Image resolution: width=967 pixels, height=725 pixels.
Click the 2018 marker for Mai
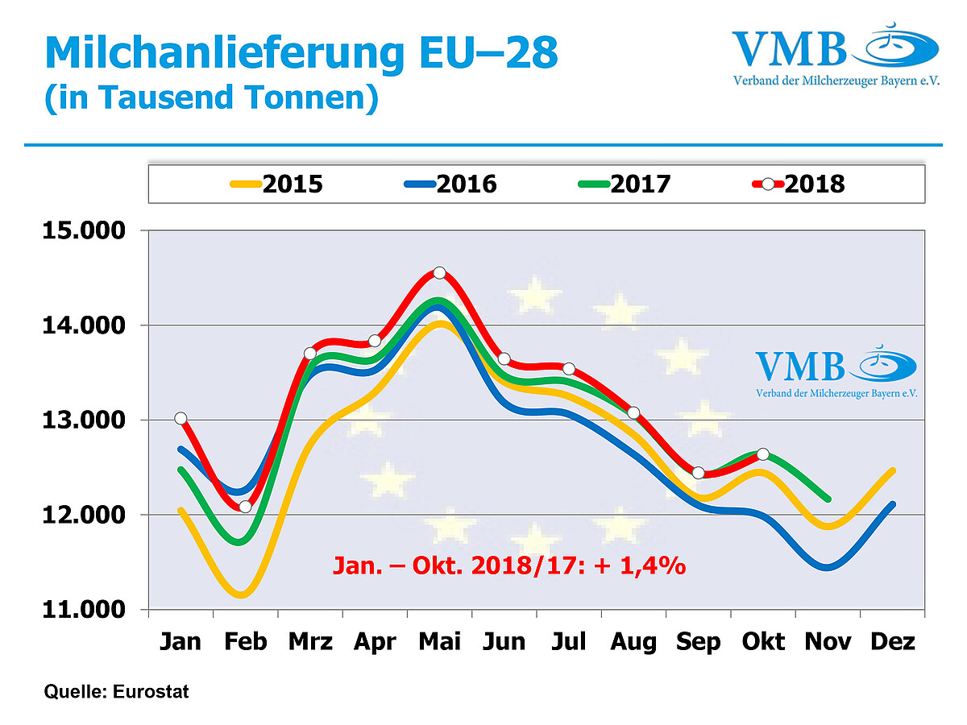click(x=439, y=273)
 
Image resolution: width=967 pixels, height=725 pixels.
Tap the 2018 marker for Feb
click(x=245, y=507)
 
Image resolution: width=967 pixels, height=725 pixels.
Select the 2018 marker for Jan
click(x=181, y=418)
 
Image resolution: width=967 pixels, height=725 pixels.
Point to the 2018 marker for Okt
click(x=763, y=454)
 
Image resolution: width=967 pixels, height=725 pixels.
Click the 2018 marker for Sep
click(x=698, y=473)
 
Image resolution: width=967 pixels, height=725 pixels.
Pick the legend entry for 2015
click(x=275, y=184)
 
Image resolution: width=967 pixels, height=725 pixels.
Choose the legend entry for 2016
click(x=449, y=184)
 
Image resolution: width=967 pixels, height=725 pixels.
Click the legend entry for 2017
click(x=622, y=184)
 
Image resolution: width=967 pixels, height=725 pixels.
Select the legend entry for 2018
click(x=797, y=184)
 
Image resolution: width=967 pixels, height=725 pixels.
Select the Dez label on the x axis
click(x=893, y=642)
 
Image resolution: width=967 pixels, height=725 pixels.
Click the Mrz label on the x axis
click(x=310, y=642)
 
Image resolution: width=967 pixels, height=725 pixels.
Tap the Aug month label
click(x=633, y=642)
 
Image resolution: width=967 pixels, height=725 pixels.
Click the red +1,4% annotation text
click(x=509, y=565)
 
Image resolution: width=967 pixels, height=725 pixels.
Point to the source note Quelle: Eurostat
click(x=117, y=691)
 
